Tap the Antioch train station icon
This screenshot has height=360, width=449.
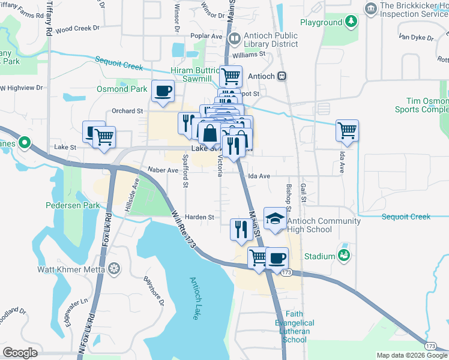click(281, 76)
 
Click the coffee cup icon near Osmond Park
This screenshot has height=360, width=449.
click(163, 91)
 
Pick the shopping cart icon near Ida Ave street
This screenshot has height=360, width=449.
click(348, 130)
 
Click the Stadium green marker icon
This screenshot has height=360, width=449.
click(344, 256)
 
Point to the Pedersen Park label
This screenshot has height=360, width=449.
click(73, 205)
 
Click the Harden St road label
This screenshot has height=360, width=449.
click(200, 217)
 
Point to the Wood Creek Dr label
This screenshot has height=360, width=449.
click(77, 28)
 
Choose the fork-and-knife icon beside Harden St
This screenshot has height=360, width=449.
click(240, 229)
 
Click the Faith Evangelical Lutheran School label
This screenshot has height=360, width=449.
click(294, 327)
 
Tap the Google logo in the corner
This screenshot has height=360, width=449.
click(20, 353)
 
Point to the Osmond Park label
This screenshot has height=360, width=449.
click(122, 89)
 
